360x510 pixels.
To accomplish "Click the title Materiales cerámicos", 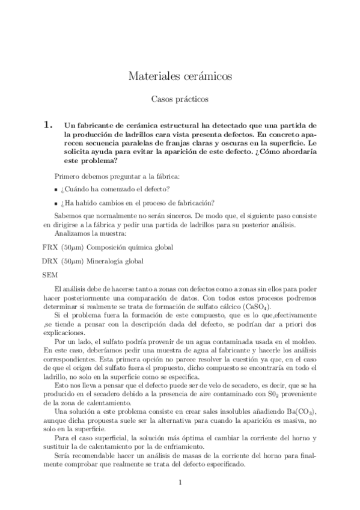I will [x=180, y=76].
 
